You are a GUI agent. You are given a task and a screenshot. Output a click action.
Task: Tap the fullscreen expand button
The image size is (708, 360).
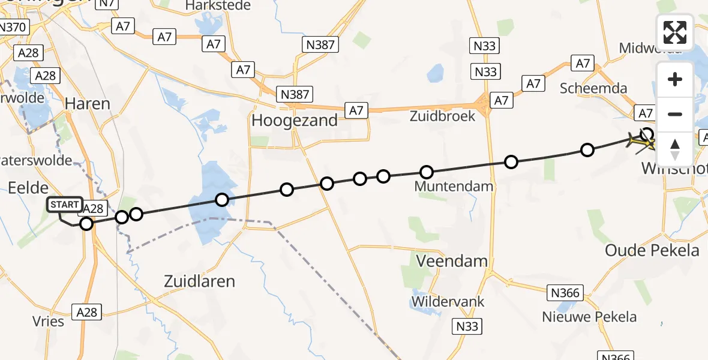click(x=675, y=32)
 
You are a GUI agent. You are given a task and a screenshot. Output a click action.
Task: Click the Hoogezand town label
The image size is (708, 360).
click(x=294, y=121)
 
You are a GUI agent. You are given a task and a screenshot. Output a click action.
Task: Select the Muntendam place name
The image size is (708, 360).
click(x=454, y=187)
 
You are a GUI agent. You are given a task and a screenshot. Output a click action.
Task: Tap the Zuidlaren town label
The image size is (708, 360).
click(x=200, y=281)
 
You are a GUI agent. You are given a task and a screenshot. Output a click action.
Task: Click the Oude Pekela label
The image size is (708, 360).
click(x=652, y=250)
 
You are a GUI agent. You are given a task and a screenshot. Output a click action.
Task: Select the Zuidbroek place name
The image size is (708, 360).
click(x=443, y=116)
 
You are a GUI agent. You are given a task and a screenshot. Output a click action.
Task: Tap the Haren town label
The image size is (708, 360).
click(x=88, y=104)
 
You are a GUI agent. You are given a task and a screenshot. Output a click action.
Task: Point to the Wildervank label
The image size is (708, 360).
click(x=448, y=301)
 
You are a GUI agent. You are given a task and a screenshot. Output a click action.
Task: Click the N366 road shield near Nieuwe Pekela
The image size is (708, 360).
click(x=565, y=293)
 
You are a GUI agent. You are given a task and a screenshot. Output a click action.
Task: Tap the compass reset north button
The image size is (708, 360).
click(x=675, y=149)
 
